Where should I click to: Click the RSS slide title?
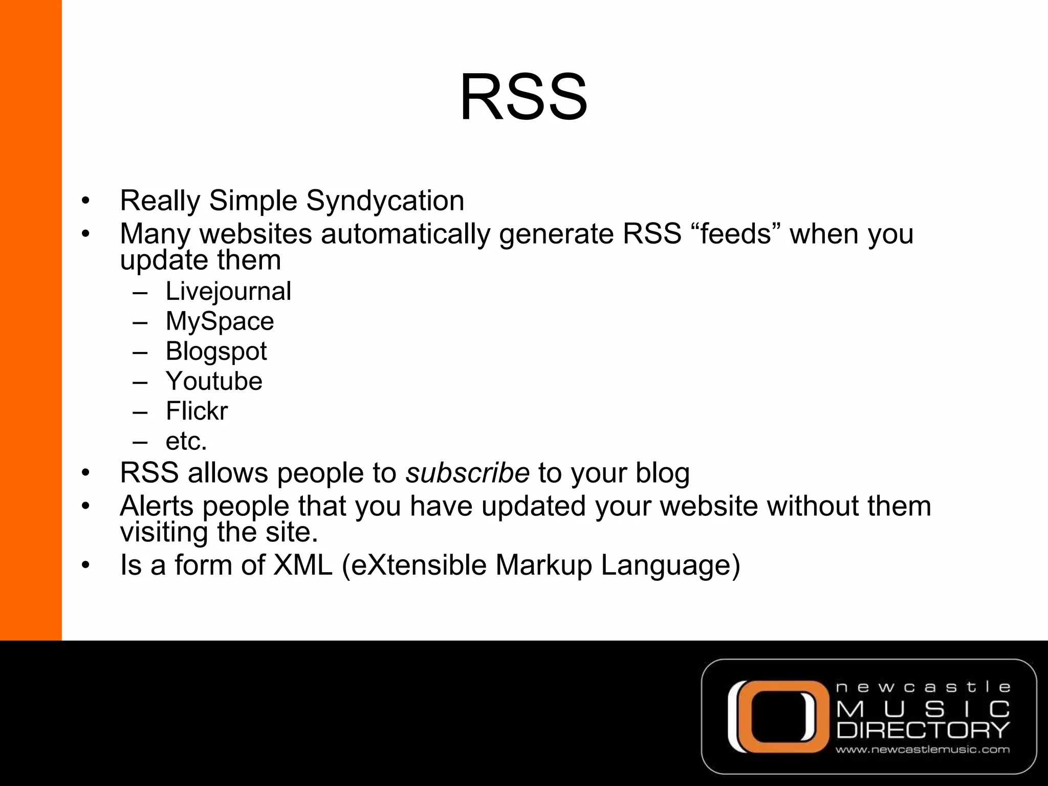point(523,97)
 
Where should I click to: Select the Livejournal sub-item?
point(228,292)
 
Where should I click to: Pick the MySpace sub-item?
point(220,321)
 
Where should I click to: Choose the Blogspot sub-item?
point(216,352)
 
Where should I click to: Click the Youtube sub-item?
point(214,381)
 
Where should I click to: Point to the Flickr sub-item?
point(196,411)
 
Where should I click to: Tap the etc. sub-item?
point(186,441)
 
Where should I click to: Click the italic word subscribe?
point(467,473)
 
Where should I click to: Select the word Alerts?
point(156,506)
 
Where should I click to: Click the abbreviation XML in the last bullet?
point(303,565)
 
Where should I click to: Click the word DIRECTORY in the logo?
point(923,730)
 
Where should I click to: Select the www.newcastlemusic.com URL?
point(923,750)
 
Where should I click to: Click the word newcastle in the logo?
point(923,687)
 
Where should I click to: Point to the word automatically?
point(405,234)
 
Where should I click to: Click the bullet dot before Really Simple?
point(85,201)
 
